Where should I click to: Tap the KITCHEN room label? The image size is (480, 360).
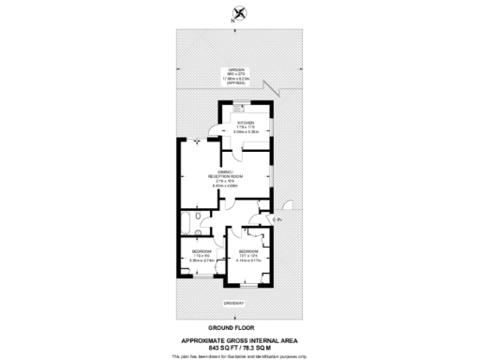[x=247, y=122]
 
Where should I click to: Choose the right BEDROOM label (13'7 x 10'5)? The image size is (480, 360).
[x=248, y=252]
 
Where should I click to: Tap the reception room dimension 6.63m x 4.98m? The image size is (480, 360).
[x=225, y=186]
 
